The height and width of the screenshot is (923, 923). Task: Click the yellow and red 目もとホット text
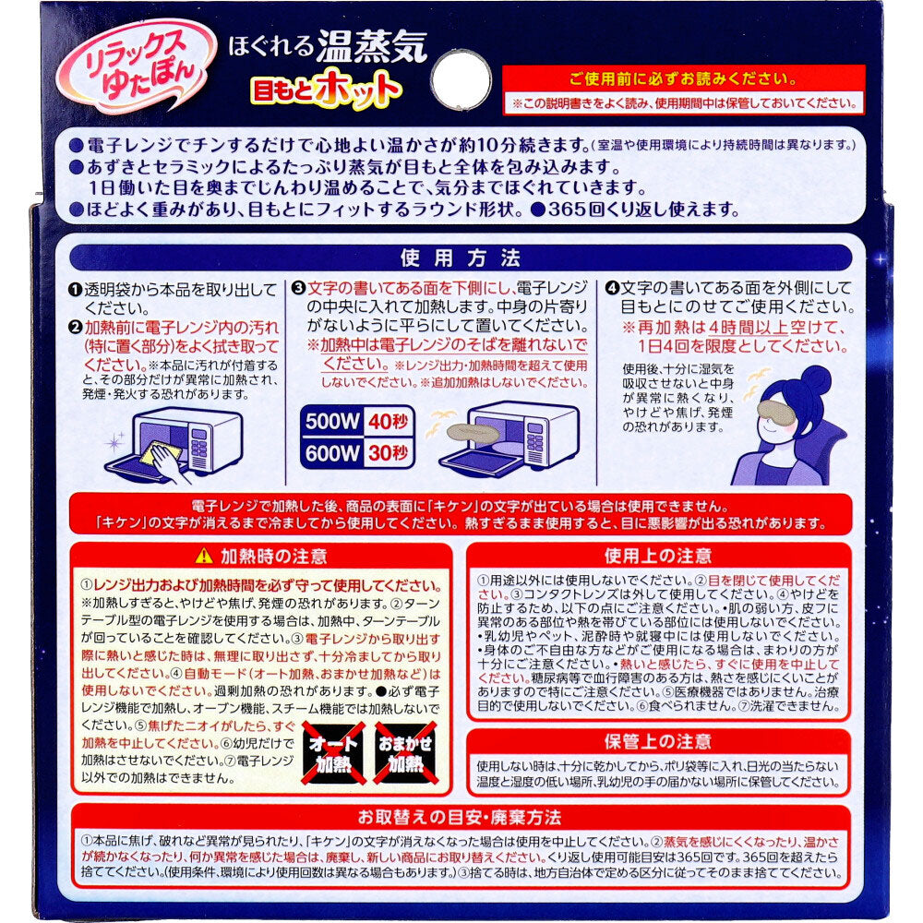click(x=326, y=90)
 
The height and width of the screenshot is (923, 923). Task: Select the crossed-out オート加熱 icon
click(x=330, y=754)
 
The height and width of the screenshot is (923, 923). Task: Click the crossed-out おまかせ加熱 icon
click(x=404, y=754)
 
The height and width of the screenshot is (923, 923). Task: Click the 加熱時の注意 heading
click(x=260, y=556)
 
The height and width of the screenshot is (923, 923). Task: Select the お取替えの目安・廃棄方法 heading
click(x=461, y=818)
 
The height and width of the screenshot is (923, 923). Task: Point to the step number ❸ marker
click(x=297, y=288)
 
